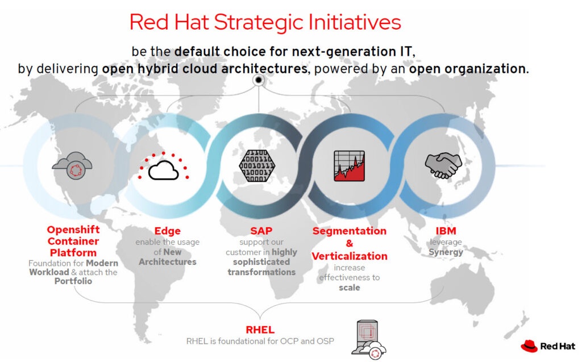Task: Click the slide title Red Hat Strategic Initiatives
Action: (265, 22)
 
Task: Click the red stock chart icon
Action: (350, 165)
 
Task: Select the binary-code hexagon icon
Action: (257, 165)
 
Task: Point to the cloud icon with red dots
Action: (163, 167)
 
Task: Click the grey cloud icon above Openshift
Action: (72, 165)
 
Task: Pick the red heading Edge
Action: (168, 231)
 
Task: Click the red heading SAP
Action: (261, 231)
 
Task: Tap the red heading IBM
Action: (446, 231)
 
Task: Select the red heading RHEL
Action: (260, 330)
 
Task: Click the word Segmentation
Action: (350, 231)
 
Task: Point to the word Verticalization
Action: (350, 256)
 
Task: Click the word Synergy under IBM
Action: (446, 252)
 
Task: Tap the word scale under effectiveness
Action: (350, 288)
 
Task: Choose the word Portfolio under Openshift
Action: (73, 281)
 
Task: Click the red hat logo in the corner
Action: (529, 346)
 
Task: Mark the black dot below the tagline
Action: (259, 80)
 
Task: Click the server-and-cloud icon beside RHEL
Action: (368, 339)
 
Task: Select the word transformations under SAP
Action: (261, 272)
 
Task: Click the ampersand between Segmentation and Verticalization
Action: (350, 244)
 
